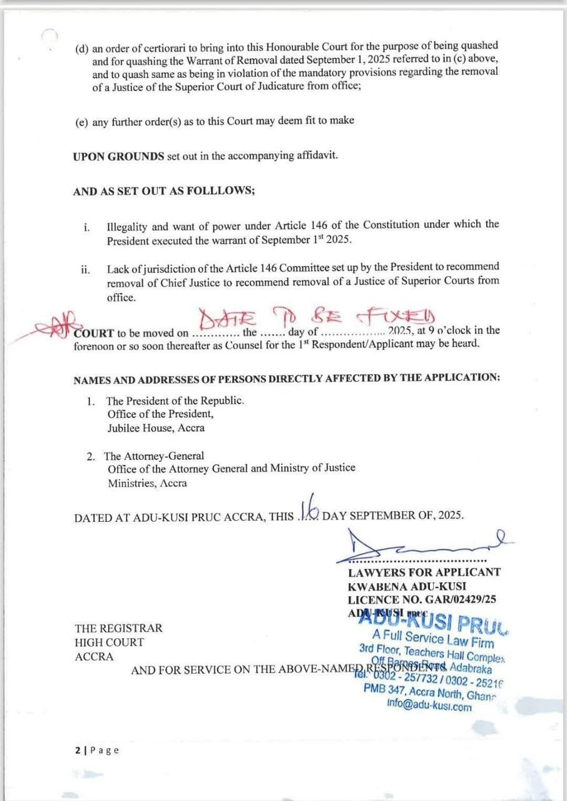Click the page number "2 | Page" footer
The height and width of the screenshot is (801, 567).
pyautogui.click(x=96, y=750)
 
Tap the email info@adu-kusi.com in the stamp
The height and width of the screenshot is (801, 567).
pyautogui.click(x=429, y=707)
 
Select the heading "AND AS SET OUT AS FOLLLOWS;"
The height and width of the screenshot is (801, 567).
pyautogui.click(x=164, y=191)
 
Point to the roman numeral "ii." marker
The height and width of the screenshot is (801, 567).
pyautogui.click(x=86, y=269)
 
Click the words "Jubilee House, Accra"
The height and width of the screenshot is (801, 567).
pyautogui.click(x=156, y=428)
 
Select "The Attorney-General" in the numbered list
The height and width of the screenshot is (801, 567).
pyautogui.click(x=154, y=456)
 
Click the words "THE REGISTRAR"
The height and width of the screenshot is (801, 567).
pyautogui.click(x=118, y=628)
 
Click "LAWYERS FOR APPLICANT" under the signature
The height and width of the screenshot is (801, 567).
pyautogui.click(x=424, y=571)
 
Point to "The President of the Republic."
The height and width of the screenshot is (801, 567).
pyautogui.click(x=173, y=400)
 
